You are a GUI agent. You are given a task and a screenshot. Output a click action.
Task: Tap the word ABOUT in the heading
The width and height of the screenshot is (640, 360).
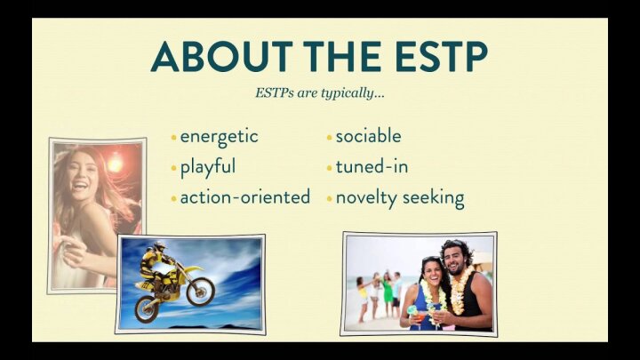coord(222,56)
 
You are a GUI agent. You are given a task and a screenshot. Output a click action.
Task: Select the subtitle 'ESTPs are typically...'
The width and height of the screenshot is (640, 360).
coord(320,93)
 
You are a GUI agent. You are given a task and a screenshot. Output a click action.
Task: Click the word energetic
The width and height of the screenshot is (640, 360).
coord(220,137)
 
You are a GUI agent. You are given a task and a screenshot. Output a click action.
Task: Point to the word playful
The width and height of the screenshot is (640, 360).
coord(208,167)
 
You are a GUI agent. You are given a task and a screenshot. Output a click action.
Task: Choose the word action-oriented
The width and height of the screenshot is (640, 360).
coord(245,197)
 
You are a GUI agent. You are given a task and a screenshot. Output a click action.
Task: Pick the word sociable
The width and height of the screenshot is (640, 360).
coord(368,136)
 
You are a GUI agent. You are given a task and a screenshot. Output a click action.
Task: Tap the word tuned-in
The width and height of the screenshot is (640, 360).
coord(372,167)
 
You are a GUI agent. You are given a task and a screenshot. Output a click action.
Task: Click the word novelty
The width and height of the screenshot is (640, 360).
coord(366,198)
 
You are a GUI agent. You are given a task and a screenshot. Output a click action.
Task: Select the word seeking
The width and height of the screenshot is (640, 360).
coord(434,198)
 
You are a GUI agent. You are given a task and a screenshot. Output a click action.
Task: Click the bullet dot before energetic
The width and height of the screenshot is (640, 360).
coord(174,138)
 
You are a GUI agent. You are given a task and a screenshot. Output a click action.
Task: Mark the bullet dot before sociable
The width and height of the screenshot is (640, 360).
coord(330,138)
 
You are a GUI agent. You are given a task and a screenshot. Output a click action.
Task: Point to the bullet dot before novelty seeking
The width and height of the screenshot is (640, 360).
coord(330,199)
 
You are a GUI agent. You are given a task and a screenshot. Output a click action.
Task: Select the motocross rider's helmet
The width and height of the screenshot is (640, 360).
coord(160,247)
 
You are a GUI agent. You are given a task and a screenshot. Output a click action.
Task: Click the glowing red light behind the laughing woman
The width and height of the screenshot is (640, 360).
coord(115,164)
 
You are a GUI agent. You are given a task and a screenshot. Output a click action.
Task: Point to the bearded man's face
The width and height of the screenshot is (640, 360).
coord(454,260)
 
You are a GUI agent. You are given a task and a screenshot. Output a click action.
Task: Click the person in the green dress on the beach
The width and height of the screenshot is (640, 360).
coord(388,295)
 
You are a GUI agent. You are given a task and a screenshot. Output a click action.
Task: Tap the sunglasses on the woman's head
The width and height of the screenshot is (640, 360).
coord(430,260)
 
